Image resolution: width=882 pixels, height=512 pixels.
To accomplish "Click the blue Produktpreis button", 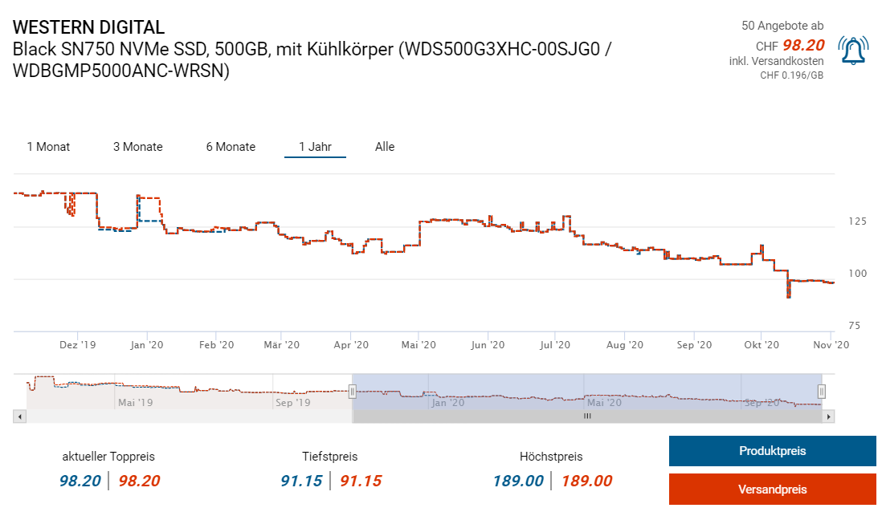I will [772, 451].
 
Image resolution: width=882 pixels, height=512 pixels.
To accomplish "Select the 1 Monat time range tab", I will [48, 147].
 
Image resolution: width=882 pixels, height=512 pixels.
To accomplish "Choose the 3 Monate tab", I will [137, 147].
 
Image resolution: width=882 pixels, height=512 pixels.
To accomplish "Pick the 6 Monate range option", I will [231, 147].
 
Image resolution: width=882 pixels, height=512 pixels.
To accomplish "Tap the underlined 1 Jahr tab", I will [315, 147].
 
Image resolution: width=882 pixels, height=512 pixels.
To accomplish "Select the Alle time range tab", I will [385, 147].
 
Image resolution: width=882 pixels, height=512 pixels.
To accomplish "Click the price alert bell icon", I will [852, 51].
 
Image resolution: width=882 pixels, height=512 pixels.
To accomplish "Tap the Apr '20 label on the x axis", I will [350, 344].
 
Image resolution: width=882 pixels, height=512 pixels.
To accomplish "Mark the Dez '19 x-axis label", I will [78, 344].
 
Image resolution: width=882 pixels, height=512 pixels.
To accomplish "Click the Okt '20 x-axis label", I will [762, 344].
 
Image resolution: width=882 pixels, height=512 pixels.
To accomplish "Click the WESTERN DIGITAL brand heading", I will [88, 27].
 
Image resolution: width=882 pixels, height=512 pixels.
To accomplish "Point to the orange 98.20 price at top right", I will [803, 45].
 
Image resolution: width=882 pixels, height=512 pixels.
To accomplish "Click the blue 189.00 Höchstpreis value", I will [517, 481].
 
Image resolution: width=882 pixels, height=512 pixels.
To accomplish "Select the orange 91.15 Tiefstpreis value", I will [361, 481].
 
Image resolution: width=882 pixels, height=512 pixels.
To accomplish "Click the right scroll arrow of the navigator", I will [830, 417].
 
